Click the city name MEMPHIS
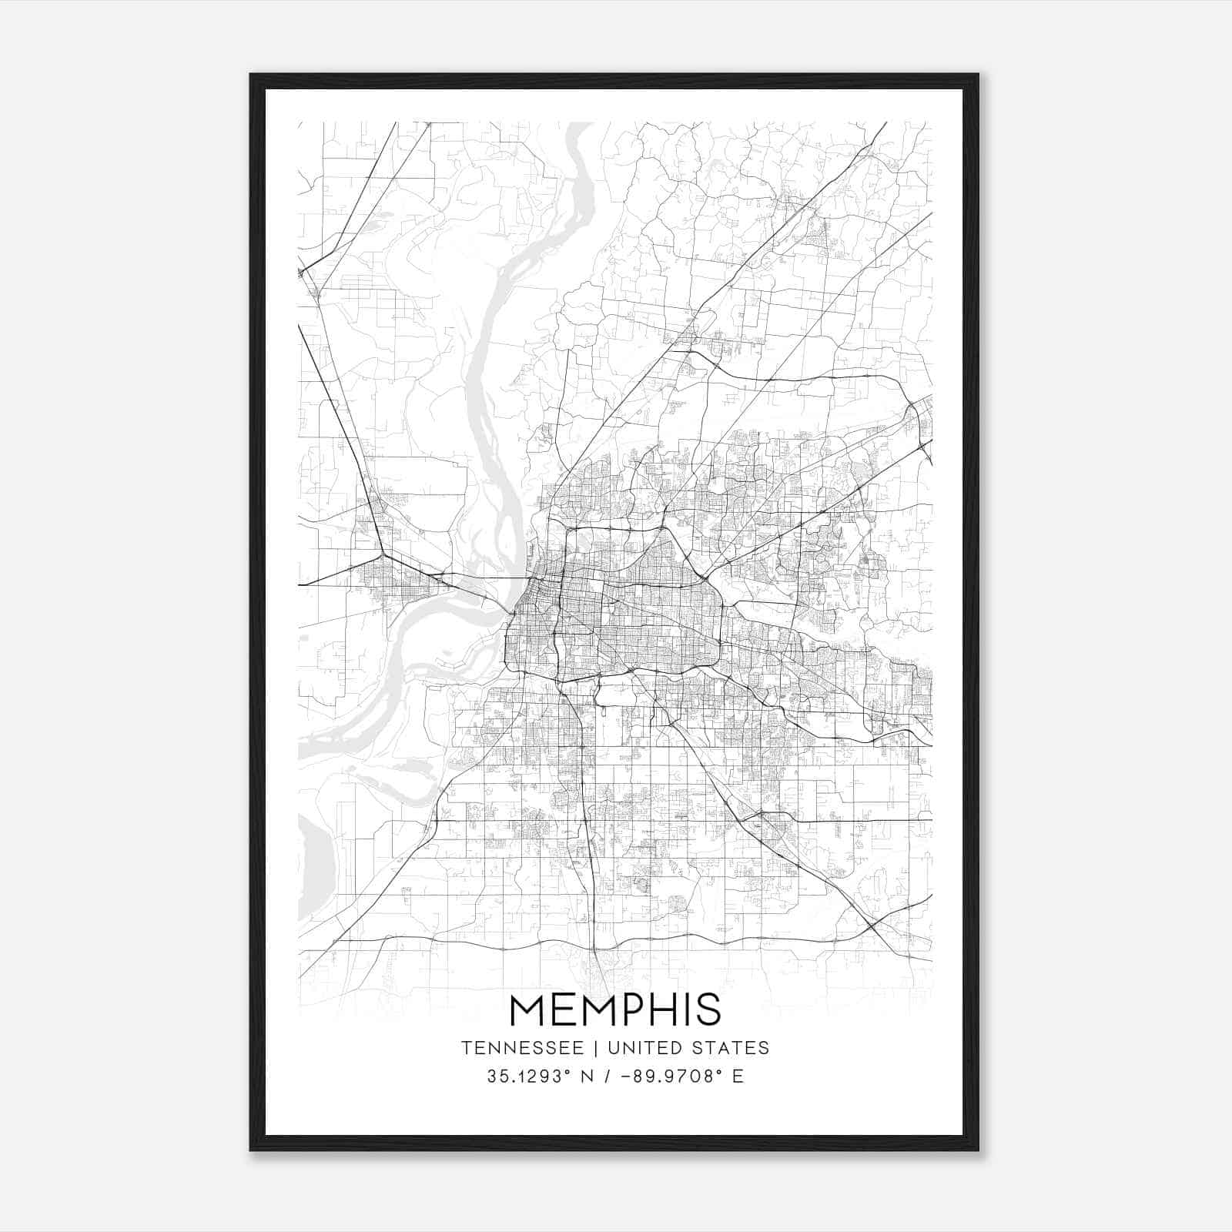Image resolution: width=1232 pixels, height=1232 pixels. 615,1009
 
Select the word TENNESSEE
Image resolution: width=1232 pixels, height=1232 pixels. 516,1048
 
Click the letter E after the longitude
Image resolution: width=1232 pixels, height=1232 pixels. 738,1076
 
